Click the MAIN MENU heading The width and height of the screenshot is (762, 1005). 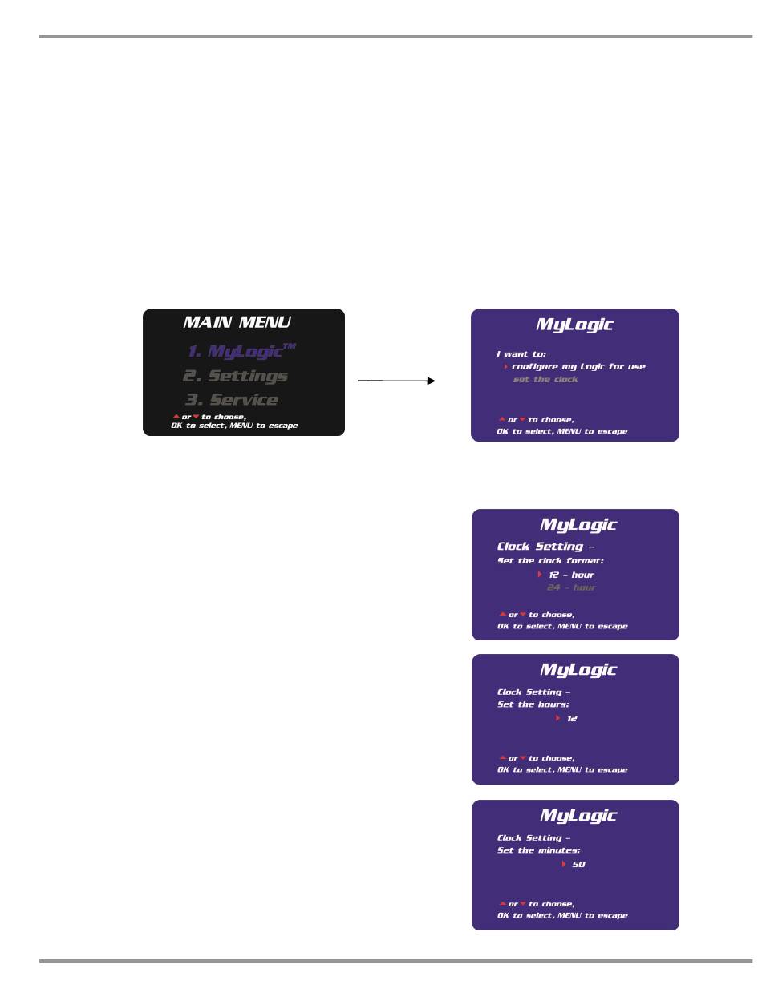pos(237,322)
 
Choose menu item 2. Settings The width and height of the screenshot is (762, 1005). pos(235,376)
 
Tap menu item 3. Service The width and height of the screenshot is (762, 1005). pos(232,400)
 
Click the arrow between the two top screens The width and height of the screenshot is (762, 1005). pos(396,381)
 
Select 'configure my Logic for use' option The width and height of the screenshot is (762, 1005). pos(578,367)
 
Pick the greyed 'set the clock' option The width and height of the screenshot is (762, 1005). pos(545,380)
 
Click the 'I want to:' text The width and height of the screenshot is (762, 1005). pos(521,353)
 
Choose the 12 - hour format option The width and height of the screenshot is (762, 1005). pos(571,575)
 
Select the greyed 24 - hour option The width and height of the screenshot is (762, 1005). pos(571,588)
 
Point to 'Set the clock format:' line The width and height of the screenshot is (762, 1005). pos(550,561)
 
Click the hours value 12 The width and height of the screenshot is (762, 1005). pos(572,719)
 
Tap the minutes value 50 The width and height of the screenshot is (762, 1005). pos(578,865)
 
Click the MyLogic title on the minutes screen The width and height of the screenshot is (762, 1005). pos(578,816)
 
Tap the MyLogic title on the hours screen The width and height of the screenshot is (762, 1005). pos(578,670)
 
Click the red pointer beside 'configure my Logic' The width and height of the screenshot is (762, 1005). pos(506,367)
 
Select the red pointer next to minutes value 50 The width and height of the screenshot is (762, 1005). pos(564,865)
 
